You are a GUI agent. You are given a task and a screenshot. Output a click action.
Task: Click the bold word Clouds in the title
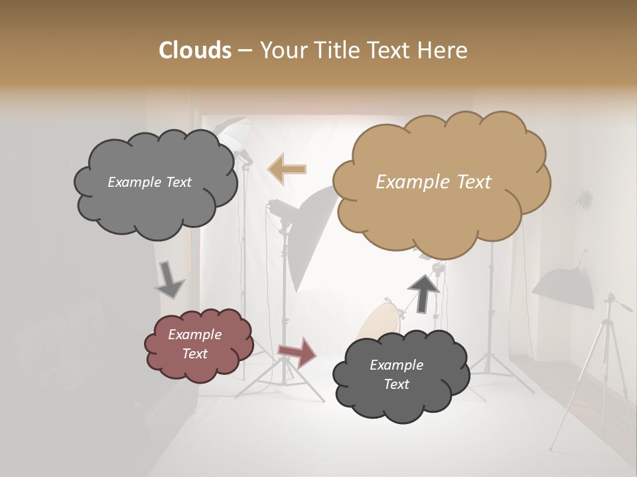[x=194, y=50]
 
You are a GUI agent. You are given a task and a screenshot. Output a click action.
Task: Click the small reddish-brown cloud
[x=198, y=344]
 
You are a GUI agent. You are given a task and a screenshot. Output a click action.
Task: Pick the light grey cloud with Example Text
[x=155, y=182]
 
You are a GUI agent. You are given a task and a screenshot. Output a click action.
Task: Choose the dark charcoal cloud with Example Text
[x=400, y=374]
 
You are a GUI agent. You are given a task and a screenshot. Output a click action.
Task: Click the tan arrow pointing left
[x=287, y=169]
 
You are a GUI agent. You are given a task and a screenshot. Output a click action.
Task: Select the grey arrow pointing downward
[x=169, y=279]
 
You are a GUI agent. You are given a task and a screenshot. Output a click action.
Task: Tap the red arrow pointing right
[x=298, y=352]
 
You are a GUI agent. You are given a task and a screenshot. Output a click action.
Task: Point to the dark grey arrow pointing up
[x=423, y=293]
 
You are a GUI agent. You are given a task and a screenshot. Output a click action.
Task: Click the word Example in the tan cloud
[x=407, y=182]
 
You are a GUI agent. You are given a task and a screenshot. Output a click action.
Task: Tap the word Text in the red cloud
[x=195, y=354]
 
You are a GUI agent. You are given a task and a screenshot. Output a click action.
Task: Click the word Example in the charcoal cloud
[x=396, y=365]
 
